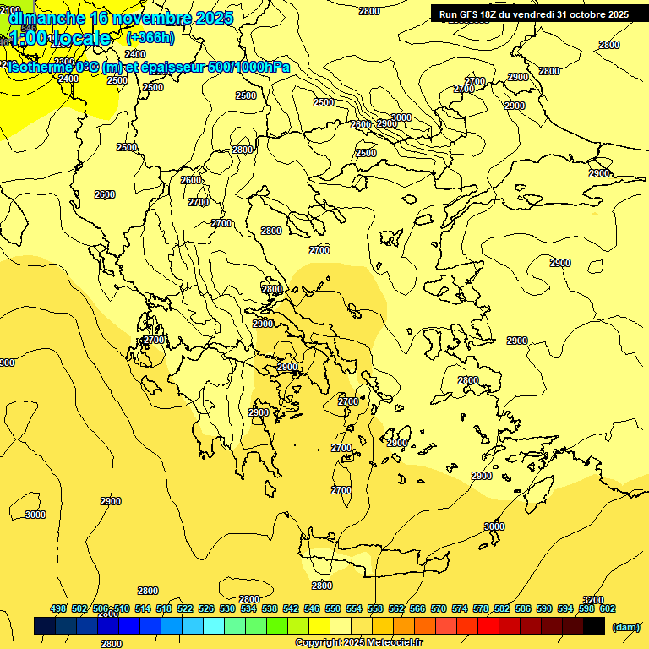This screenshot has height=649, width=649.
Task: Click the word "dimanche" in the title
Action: click(x=46, y=18)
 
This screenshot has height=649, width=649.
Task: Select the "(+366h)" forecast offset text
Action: click(x=150, y=38)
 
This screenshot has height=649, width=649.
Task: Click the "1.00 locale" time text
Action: click(x=60, y=38)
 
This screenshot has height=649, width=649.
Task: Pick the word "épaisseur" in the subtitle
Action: click(x=172, y=68)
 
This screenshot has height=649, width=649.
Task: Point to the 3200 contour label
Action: click(x=593, y=600)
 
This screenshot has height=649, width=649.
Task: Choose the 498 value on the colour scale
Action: click(x=58, y=608)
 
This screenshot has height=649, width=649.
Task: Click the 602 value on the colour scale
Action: click(x=607, y=608)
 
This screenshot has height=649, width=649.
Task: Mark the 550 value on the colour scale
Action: click(x=333, y=608)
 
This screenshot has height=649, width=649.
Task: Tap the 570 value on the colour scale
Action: click(x=438, y=608)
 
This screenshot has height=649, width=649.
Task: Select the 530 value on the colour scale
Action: click(x=227, y=608)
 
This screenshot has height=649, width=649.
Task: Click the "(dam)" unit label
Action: click(x=625, y=626)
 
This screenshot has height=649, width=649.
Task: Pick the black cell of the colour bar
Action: click(x=594, y=626)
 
